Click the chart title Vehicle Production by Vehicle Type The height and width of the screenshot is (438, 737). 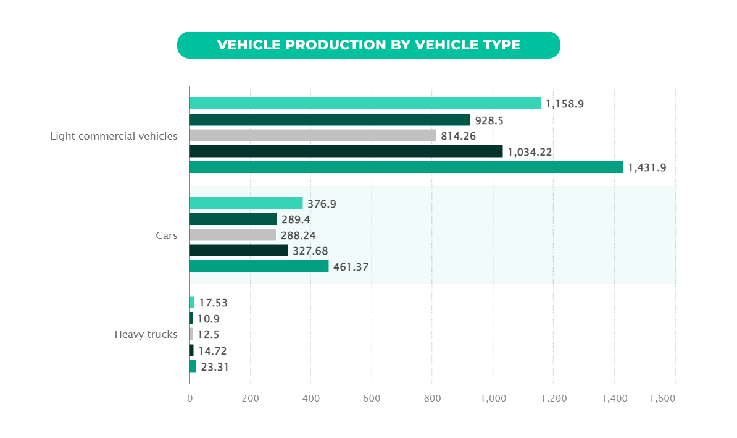[x=368, y=45]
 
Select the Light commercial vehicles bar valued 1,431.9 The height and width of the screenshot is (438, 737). [x=406, y=167]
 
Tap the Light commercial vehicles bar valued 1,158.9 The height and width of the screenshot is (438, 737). [x=365, y=103]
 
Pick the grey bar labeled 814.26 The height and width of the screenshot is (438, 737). [x=312, y=135]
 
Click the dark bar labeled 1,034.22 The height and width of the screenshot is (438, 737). [x=346, y=151]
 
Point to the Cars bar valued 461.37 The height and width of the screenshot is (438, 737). [x=259, y=266]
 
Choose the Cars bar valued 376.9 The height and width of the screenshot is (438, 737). [x=246, y=203]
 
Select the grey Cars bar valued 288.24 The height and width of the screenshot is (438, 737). [x=233, y=235]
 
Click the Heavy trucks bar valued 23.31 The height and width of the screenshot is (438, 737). [x=193, y=366]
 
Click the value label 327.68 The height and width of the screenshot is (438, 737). [x=310, y=251]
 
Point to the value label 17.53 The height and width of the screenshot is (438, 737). [x=214, y=303]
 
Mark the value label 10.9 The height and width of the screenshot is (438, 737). [x=209, y=319]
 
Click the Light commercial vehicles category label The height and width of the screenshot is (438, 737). [x=114, y=136]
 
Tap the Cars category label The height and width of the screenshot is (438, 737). [x=166, y=235]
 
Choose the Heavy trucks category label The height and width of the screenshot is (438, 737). [x=146, y=335]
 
